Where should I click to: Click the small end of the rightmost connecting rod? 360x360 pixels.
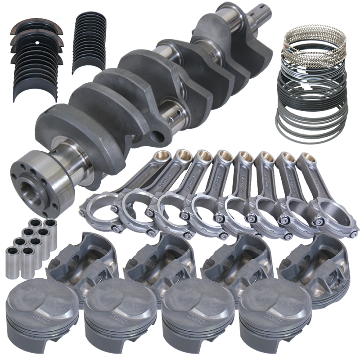(x=307, y=159)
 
